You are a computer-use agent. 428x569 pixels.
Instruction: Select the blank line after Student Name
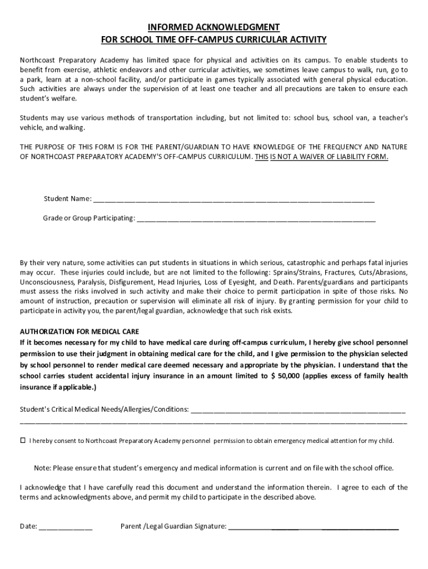tap(233, 199)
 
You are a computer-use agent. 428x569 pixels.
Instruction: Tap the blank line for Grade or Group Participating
tap(256, 218)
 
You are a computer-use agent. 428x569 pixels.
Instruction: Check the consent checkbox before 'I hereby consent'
tap(23, 441)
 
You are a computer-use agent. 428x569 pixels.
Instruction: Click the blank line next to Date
tap(66, 526)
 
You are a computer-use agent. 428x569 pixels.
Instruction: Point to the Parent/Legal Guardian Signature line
tap(313, 526)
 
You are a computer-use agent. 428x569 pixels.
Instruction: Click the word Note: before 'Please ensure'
tap(43, 468)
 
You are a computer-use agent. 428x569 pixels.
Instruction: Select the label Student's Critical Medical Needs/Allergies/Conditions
tap(104, 410)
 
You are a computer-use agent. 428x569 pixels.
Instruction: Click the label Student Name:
tap(67, 199)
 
